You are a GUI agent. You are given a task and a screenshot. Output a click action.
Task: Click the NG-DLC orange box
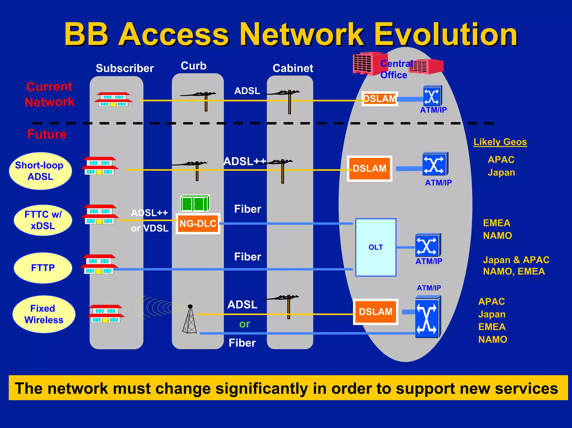[198, 223]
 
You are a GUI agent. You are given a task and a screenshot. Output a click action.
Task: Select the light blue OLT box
[375, 247]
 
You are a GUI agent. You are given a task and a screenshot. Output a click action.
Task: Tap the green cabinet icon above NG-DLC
[195, 203]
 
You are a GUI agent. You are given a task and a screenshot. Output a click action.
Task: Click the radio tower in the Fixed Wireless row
[190, 319]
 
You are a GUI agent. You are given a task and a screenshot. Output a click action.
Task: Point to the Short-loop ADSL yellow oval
[40, 171]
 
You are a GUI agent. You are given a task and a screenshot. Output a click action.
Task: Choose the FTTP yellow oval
[43, 268]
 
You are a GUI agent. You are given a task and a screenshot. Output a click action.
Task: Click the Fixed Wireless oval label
[44, 314]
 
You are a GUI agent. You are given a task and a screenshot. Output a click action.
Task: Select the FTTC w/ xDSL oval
[43, 220]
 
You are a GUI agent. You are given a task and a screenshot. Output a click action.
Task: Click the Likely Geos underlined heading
[500, 142]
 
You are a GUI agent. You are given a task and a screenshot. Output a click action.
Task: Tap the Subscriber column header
[125, 68]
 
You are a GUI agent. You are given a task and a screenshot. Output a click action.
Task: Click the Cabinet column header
[293, 68]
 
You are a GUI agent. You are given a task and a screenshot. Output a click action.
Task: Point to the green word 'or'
[244, 324]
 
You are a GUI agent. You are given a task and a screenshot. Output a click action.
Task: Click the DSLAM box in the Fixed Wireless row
[375, 312]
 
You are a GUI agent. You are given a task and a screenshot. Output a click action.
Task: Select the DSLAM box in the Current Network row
[380, 99]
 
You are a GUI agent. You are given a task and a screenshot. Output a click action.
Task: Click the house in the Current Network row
[113, 99]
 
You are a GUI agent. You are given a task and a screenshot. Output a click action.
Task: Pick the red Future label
[47, 134]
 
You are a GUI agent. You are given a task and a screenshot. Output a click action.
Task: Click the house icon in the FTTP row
[99, 264]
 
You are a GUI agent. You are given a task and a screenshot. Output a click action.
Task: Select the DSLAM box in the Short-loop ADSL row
[369, 169]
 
